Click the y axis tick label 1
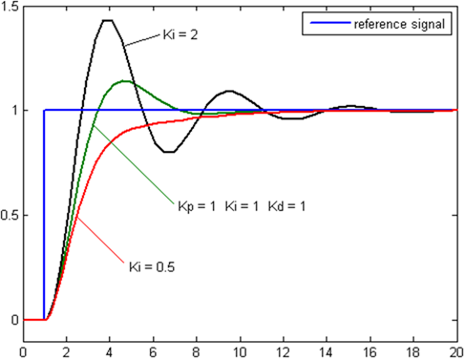[15, 111]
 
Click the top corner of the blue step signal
[44, 110]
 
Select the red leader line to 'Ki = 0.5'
[100, 239]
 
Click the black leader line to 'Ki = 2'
[142, 42]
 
